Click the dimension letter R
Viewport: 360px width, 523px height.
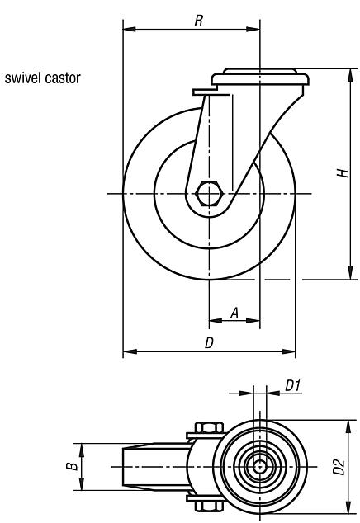[199, 21]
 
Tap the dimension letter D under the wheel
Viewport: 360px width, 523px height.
[210, 343]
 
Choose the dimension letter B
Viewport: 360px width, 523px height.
[73, 466]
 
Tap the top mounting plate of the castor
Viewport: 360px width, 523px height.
[261, 79]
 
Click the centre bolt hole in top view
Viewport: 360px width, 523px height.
[260, 466]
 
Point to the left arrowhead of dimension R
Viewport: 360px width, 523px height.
[127, 30]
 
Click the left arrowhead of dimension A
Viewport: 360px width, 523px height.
[214, 322]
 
